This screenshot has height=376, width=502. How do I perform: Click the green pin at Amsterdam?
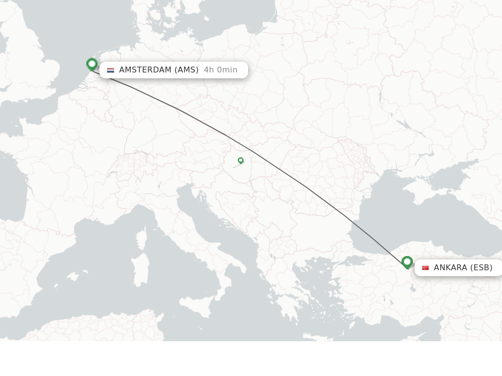(92, 64)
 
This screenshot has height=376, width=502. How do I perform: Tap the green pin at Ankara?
(407, 262)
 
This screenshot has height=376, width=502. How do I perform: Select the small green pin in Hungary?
(241, 160)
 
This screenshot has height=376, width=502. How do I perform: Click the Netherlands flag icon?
(110, 70)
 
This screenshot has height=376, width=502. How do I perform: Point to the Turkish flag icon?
(426, 268)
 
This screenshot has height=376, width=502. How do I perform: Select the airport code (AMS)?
(187, 70)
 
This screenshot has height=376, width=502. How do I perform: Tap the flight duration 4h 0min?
(221, 70)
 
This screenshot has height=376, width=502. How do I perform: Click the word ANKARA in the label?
(450, 268)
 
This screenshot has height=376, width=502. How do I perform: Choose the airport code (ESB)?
(481, 268)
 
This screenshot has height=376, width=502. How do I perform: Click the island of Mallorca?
(74, 277)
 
